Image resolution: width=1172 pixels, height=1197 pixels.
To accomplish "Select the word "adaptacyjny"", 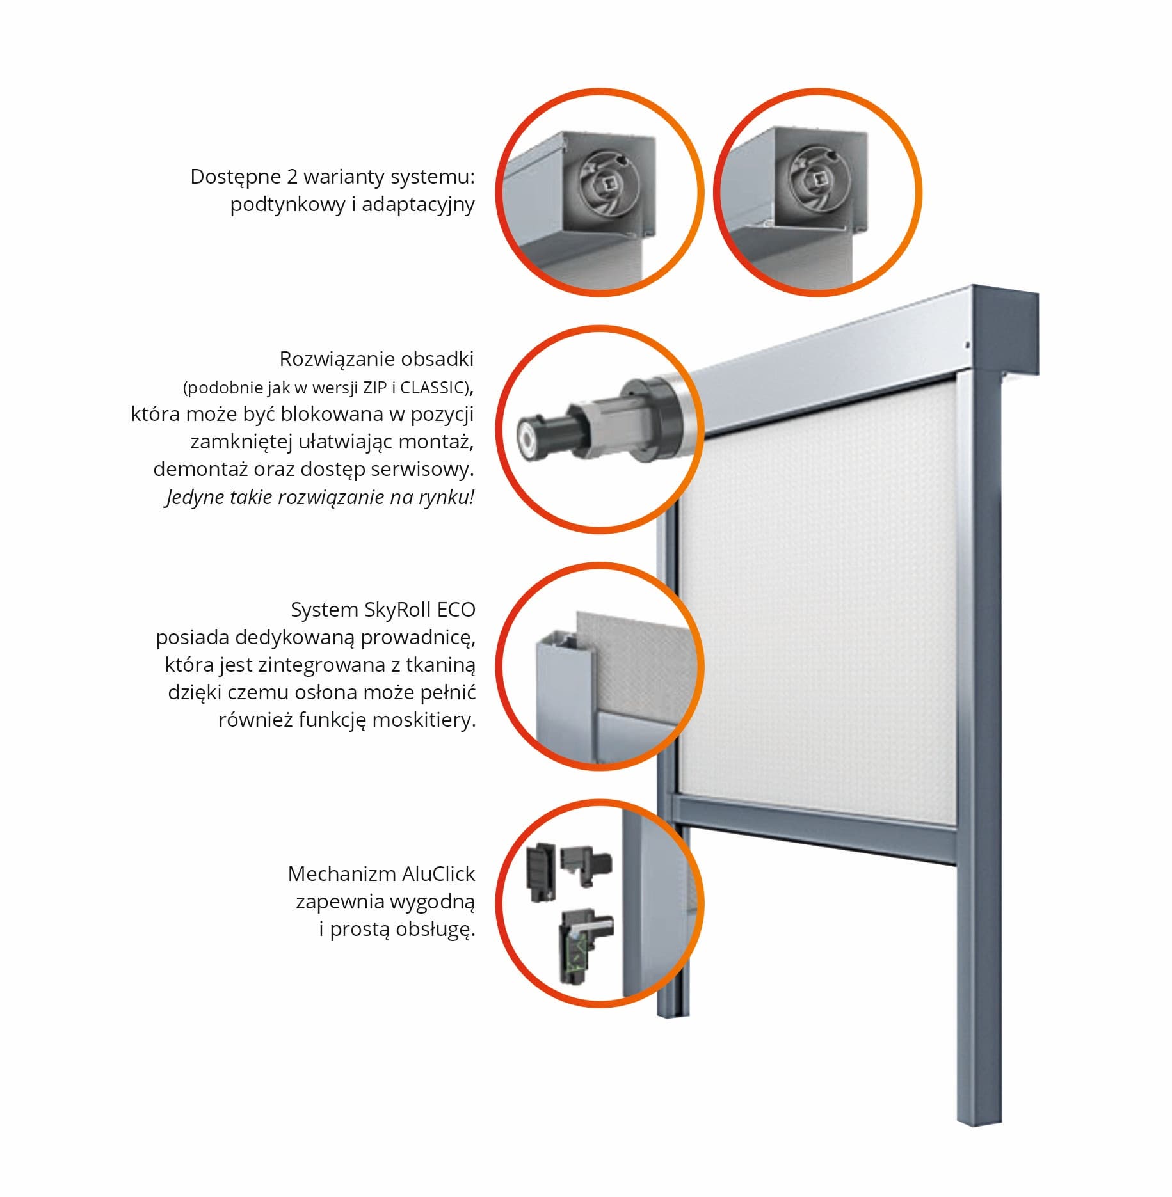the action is tap(418, 205).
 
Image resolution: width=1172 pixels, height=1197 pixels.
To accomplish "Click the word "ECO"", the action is tap(456, 610).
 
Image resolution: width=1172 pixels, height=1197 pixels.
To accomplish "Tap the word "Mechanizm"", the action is tap(341, 874).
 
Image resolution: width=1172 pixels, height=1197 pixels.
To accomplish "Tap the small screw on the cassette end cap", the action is tap(967, 345).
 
